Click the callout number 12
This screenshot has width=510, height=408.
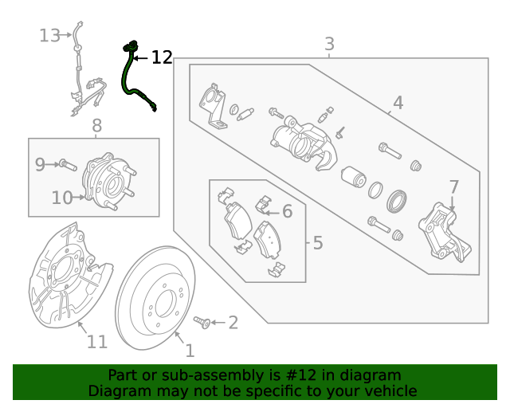coord(162,57)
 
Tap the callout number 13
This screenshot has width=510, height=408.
coord(49,35)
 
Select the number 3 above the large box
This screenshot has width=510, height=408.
coord(329,44)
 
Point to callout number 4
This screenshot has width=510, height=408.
coord(398,102)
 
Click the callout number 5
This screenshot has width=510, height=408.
coord(317,242)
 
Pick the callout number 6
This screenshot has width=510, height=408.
coord(287,211)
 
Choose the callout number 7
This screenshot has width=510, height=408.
coord(453,187)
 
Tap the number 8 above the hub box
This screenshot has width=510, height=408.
coord(96,125)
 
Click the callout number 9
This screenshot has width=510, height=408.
coord(40,165)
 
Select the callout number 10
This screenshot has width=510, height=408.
coord(62,197)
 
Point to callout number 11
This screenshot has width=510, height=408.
coord(96,342)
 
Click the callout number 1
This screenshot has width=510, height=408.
coord(190,350)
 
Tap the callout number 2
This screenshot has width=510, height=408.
coord(233,323)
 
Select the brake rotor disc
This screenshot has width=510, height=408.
coord(155,304)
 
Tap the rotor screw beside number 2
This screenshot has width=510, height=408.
coord(202,321)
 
